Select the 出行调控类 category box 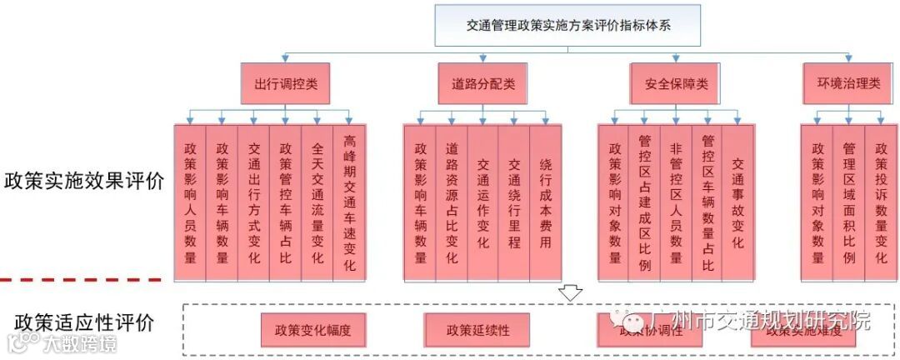point(286,83)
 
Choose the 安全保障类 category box point(676,83)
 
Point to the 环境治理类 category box point(848,83)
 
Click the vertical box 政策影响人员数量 point(191,202)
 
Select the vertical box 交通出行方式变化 point(254,202)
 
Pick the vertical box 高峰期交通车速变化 point(348,202)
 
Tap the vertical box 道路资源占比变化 point(452,202)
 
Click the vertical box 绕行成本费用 point(546,202)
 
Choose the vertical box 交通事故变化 point(737,202)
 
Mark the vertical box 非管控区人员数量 point(676,202)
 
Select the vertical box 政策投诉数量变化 point(881,202)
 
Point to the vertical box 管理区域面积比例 point(848,202)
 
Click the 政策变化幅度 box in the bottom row point(307,330)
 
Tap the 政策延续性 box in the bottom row point(477,330)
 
